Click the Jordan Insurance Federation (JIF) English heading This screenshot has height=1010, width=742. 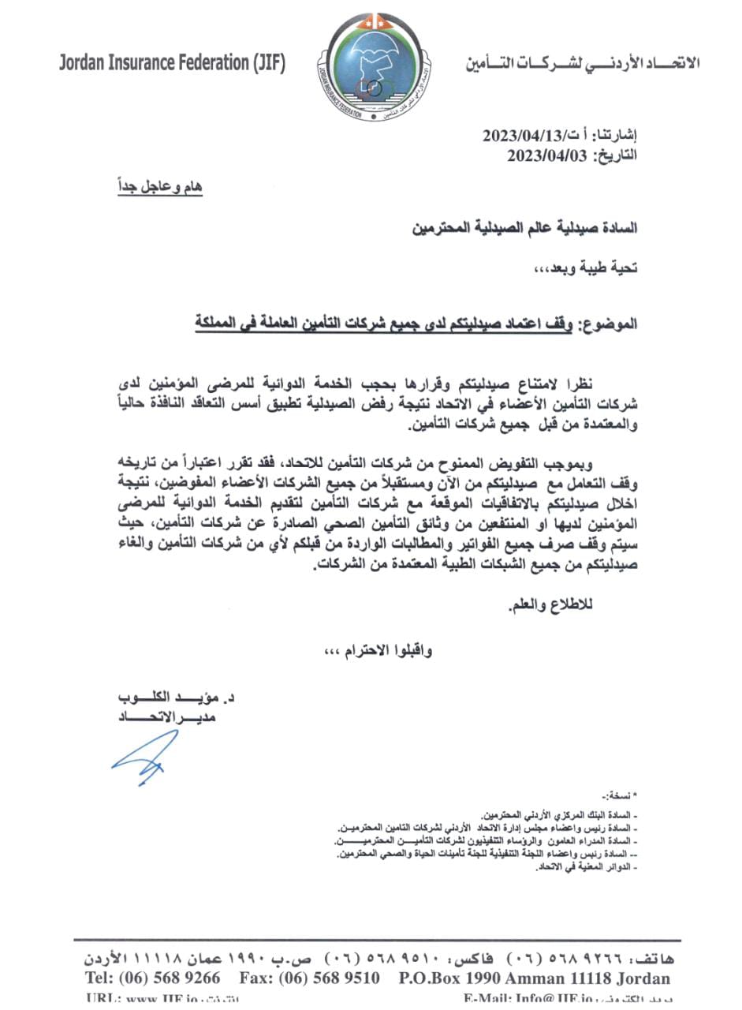(x=172, y=63)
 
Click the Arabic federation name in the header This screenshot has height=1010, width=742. (x=582, y=63)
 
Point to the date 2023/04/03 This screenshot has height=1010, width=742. (x=547, y=155)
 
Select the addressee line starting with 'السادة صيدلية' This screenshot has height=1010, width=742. (x=524, y=229)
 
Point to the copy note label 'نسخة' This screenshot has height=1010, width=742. (x=622, y=795)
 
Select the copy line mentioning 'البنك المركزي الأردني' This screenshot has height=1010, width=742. (x=559, y=814)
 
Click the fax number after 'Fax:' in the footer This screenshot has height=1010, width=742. (x=334, y=978)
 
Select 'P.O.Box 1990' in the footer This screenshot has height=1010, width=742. (x=446, y=978)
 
